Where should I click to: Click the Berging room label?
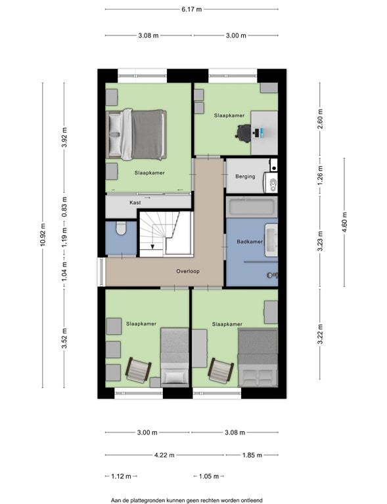[245, 177]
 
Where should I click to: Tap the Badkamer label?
[250, 241]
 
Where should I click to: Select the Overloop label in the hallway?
[188, 271]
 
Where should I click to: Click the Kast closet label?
[135, 203]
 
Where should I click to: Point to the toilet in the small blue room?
[121, 228]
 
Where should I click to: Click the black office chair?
[243, 133]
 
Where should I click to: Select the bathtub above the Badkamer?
[252, 207]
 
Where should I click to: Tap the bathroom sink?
[271, 240]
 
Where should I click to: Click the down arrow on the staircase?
[152, 246]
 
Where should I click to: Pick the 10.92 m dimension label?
[43, 235]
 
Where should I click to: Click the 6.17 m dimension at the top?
[191, 9]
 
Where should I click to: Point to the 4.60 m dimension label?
[344, 222]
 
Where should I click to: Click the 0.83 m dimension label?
[64, 206]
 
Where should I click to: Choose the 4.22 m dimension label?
[164, 455]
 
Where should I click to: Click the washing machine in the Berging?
[271, 182]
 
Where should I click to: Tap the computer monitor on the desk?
[262, 131]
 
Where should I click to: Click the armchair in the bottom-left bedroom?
[139, 370]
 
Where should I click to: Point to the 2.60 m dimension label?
[320, 119]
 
